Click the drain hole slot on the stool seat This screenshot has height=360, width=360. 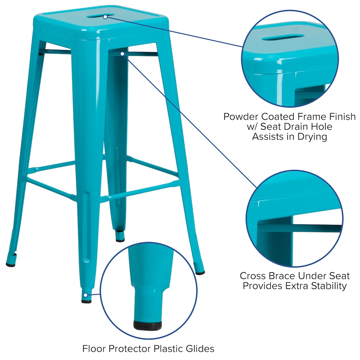(x=105, y=16)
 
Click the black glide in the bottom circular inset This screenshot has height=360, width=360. (x=147, y=325)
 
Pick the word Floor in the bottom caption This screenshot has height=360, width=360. (x=95, y=348)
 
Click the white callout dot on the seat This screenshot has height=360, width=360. (x=105, y=16)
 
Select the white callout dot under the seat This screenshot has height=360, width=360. (x=123, y=54)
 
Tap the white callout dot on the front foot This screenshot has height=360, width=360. (x=85, y=295)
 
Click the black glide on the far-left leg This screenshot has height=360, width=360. (x=11, y=265)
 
